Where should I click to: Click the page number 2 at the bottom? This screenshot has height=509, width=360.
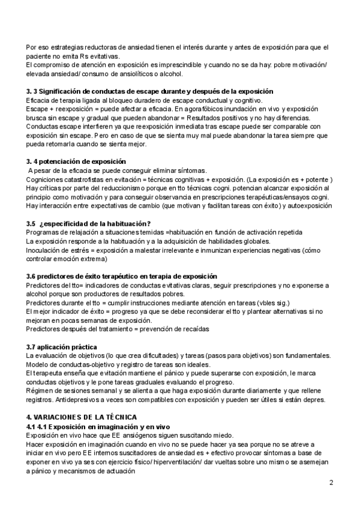click(331, 483)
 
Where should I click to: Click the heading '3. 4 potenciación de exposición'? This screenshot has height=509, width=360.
click(76, 161)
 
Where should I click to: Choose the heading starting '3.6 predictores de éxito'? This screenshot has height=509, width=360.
click(122, 276)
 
